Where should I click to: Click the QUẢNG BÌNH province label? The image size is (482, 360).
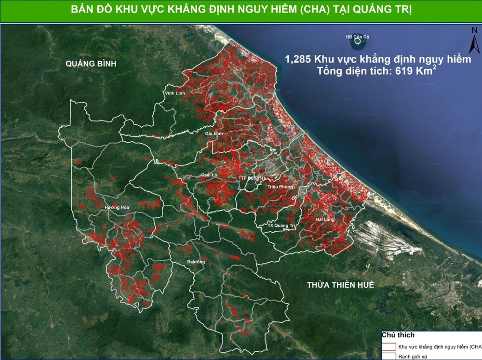92,64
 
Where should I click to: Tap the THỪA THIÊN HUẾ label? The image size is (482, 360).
341,285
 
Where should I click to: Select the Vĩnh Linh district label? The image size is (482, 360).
174,93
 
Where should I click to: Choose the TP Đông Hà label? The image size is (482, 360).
254,178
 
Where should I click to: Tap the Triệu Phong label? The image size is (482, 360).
279,186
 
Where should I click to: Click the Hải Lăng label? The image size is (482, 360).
325,219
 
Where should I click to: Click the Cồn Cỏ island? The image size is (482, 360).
358,41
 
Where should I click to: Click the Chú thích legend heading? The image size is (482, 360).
398,335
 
